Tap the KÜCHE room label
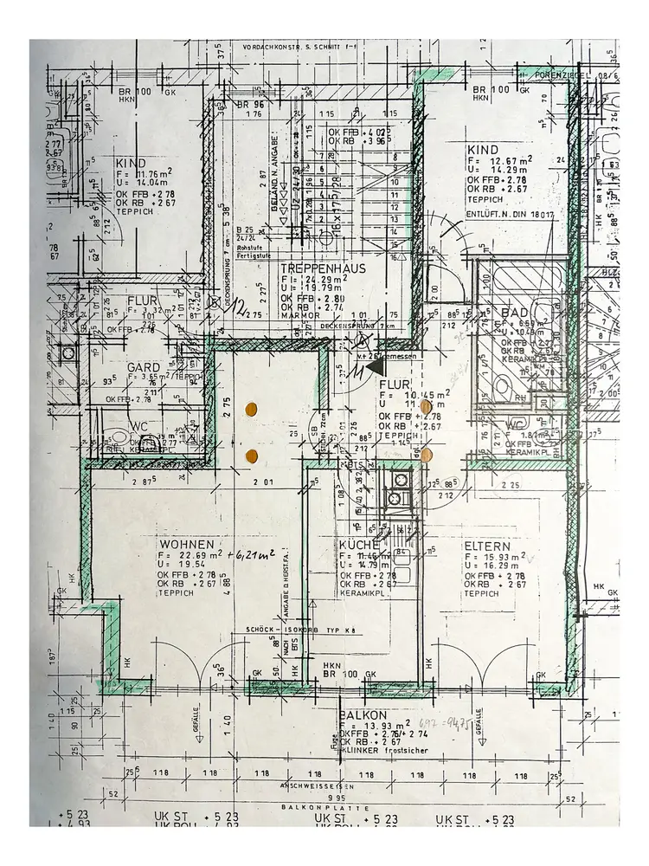pyautogui.click(x=360, y=545)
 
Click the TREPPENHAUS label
pyautogui.click(x=323, y=268)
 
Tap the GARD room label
pyautogui.click(x=143, y=367)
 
